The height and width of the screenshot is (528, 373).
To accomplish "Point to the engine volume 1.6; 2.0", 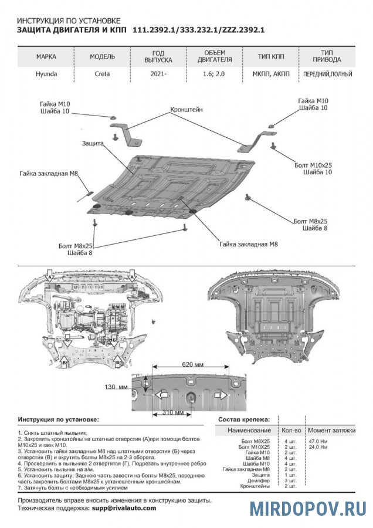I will pyautogui.click(x=213, y=75).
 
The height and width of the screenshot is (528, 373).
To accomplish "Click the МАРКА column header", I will pyautogui.click(x=46, y=57).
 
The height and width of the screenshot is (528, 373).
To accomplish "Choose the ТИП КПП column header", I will pyautogui.click(x=271, y=57).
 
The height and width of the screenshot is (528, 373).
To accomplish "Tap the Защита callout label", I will pyautogui.click(x=93, y=143).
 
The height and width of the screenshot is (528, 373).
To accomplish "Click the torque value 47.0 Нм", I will pyautogui.click(x=317, y=440).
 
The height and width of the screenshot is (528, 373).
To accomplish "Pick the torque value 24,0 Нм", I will pyautogui.click(x=317, y=447).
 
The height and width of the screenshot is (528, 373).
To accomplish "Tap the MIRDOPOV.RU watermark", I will pyautogui.click(x=308, y=508).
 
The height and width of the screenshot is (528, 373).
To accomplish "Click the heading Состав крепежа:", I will pyautogui.click(x=243, y=420).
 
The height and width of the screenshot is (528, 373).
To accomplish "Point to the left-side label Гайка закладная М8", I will pyautogui.click(x=49, y=174).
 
